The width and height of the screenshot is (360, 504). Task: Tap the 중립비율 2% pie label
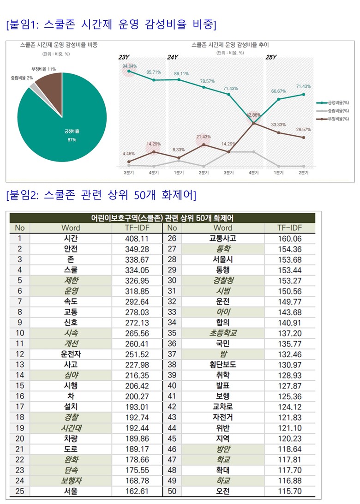click(22, 78)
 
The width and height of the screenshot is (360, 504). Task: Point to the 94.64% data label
click(130, 66)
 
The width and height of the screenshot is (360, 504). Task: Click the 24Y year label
click(173, 57)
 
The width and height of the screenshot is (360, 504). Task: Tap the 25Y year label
click(271, 57)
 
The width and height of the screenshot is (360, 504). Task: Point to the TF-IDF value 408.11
click(137, 239)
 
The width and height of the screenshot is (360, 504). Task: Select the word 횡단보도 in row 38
click(222, 364)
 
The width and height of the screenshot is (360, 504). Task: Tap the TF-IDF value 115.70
click(289, 491)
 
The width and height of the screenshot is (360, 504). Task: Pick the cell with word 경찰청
click(222, 280)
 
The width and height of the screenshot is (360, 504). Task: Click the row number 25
click(19, 491)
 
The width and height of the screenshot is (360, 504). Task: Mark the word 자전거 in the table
click(222, 417)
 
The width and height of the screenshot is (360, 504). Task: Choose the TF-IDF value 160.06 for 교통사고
click(289, 239)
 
